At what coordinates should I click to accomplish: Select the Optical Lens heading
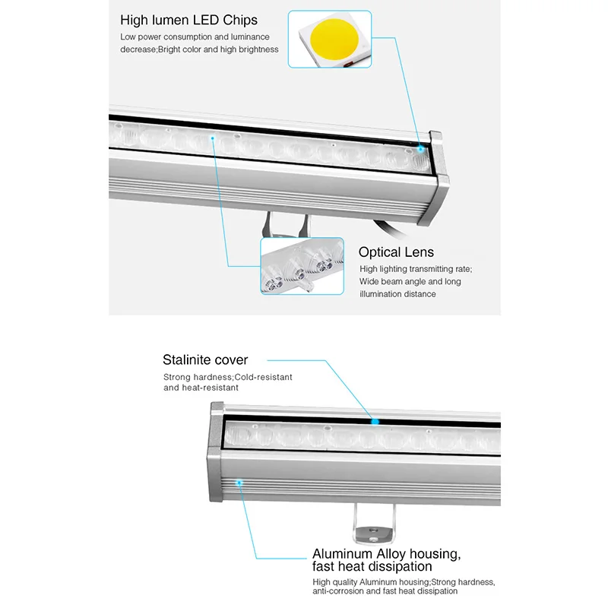(x=397, y=252)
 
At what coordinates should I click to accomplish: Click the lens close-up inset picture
(x=302, y=265)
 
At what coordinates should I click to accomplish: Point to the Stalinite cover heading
(x=205, y=359)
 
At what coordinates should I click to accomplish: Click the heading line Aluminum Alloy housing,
(x=387, y=553)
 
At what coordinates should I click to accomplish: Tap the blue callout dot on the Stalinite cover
(x=374, y=420)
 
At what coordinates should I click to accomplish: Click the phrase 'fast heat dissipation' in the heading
(x=372, y=566)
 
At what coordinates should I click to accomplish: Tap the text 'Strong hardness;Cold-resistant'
(x=228, y=377)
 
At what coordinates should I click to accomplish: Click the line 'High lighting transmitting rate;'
(x=416, y=269)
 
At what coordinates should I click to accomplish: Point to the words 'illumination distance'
(x=398, y=294)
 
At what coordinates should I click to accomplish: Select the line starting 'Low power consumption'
(x=195, y=36)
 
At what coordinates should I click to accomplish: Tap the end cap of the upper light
(x=437, y=179)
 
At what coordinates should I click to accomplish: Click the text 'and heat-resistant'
(x=201, y=388)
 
